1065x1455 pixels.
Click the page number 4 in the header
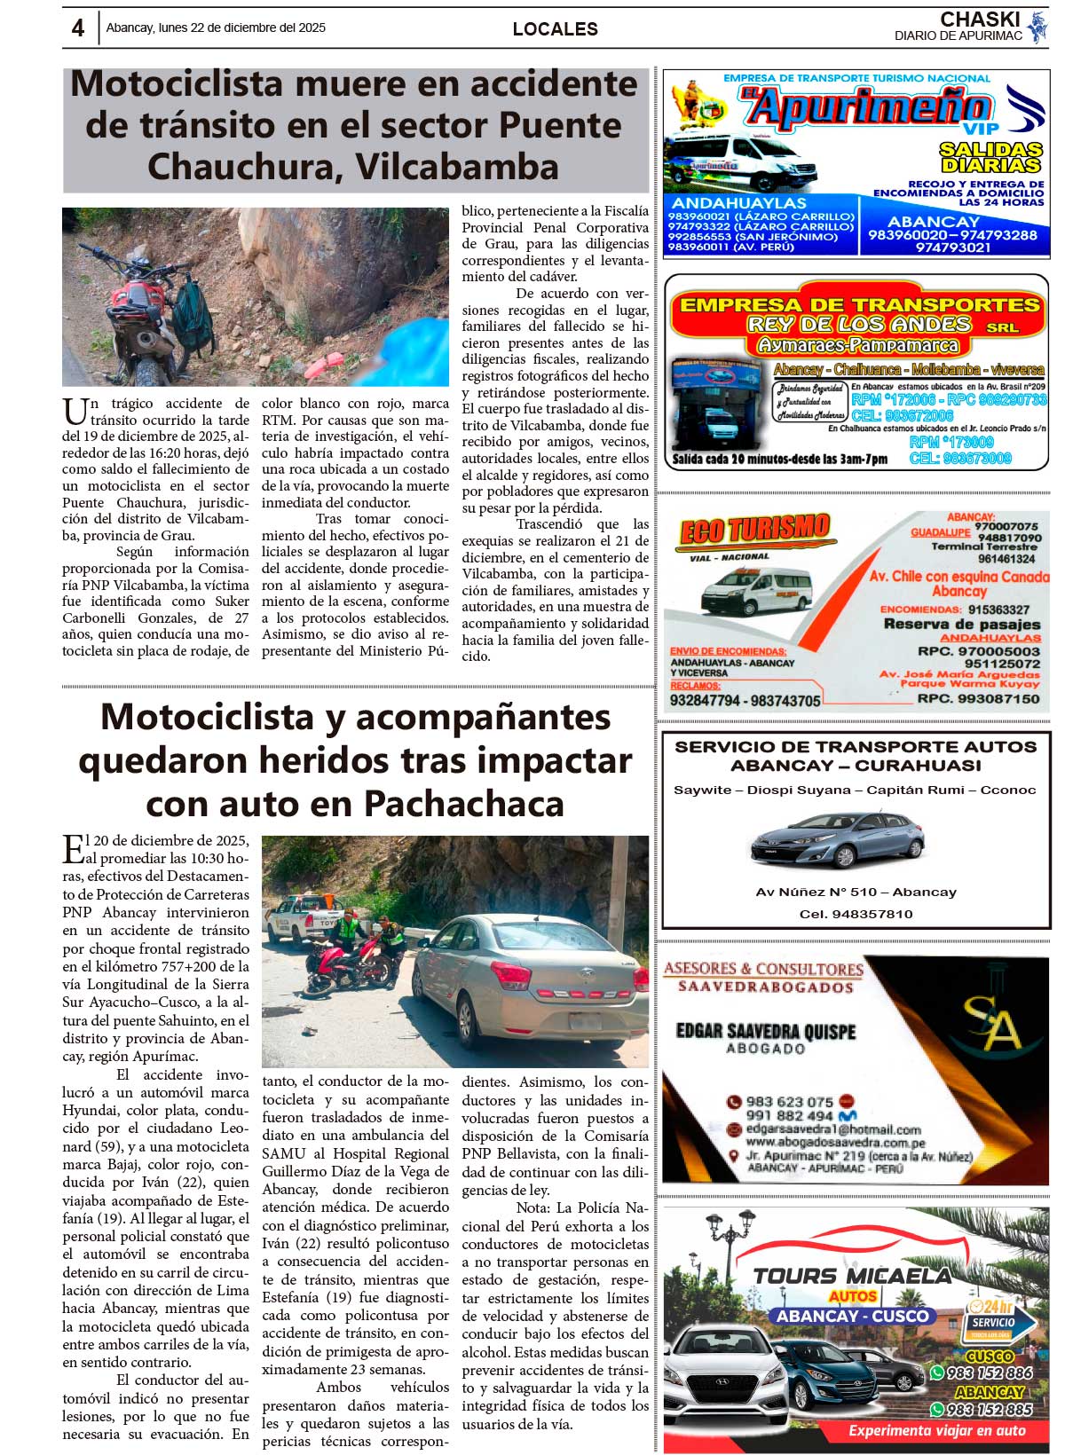click(x=78, y=28)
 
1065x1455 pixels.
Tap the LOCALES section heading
click(x=555, y=29)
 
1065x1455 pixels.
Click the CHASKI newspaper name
click(x=980, y=20)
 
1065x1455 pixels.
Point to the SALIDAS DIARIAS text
click(x=990, y=157)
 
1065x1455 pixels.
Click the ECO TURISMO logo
click(x=754, y=531)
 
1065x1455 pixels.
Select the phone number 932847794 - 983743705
click(x=745, y=701)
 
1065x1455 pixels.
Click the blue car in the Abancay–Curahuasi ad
click(x=837, y=839)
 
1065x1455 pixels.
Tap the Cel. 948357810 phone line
click(x=856, y=914)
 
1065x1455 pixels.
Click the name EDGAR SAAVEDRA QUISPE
click(x=765, y=1032)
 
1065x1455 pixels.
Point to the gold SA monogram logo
click(x=992, y=1022)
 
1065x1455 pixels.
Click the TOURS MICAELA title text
click(x=852, y=1276)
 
